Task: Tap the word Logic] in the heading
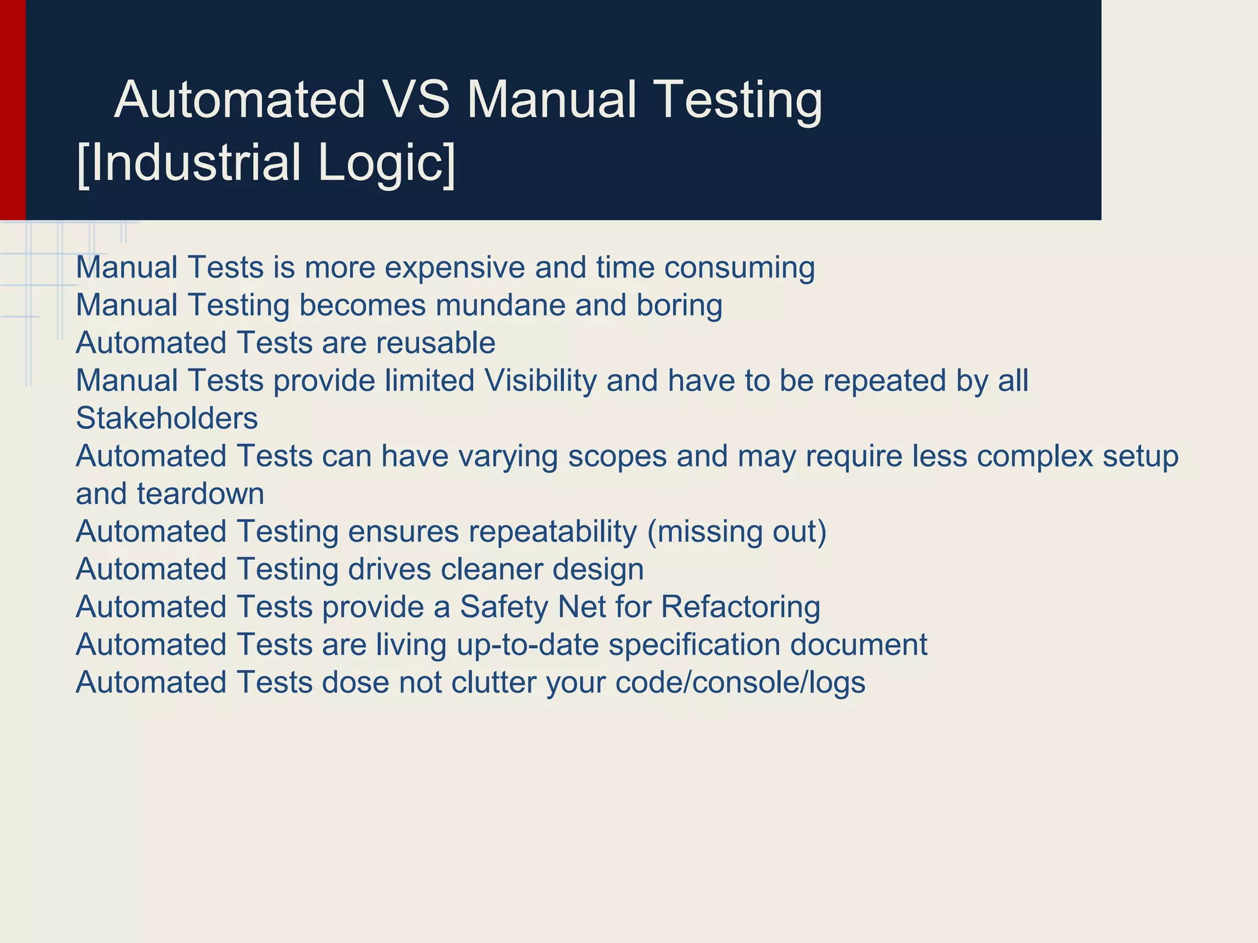387,163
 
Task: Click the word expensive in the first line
455,268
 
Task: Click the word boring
679,306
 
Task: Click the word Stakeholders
166,419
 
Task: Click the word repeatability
553,532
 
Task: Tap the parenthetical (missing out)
737,532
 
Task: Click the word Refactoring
740,608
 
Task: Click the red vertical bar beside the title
12,110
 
